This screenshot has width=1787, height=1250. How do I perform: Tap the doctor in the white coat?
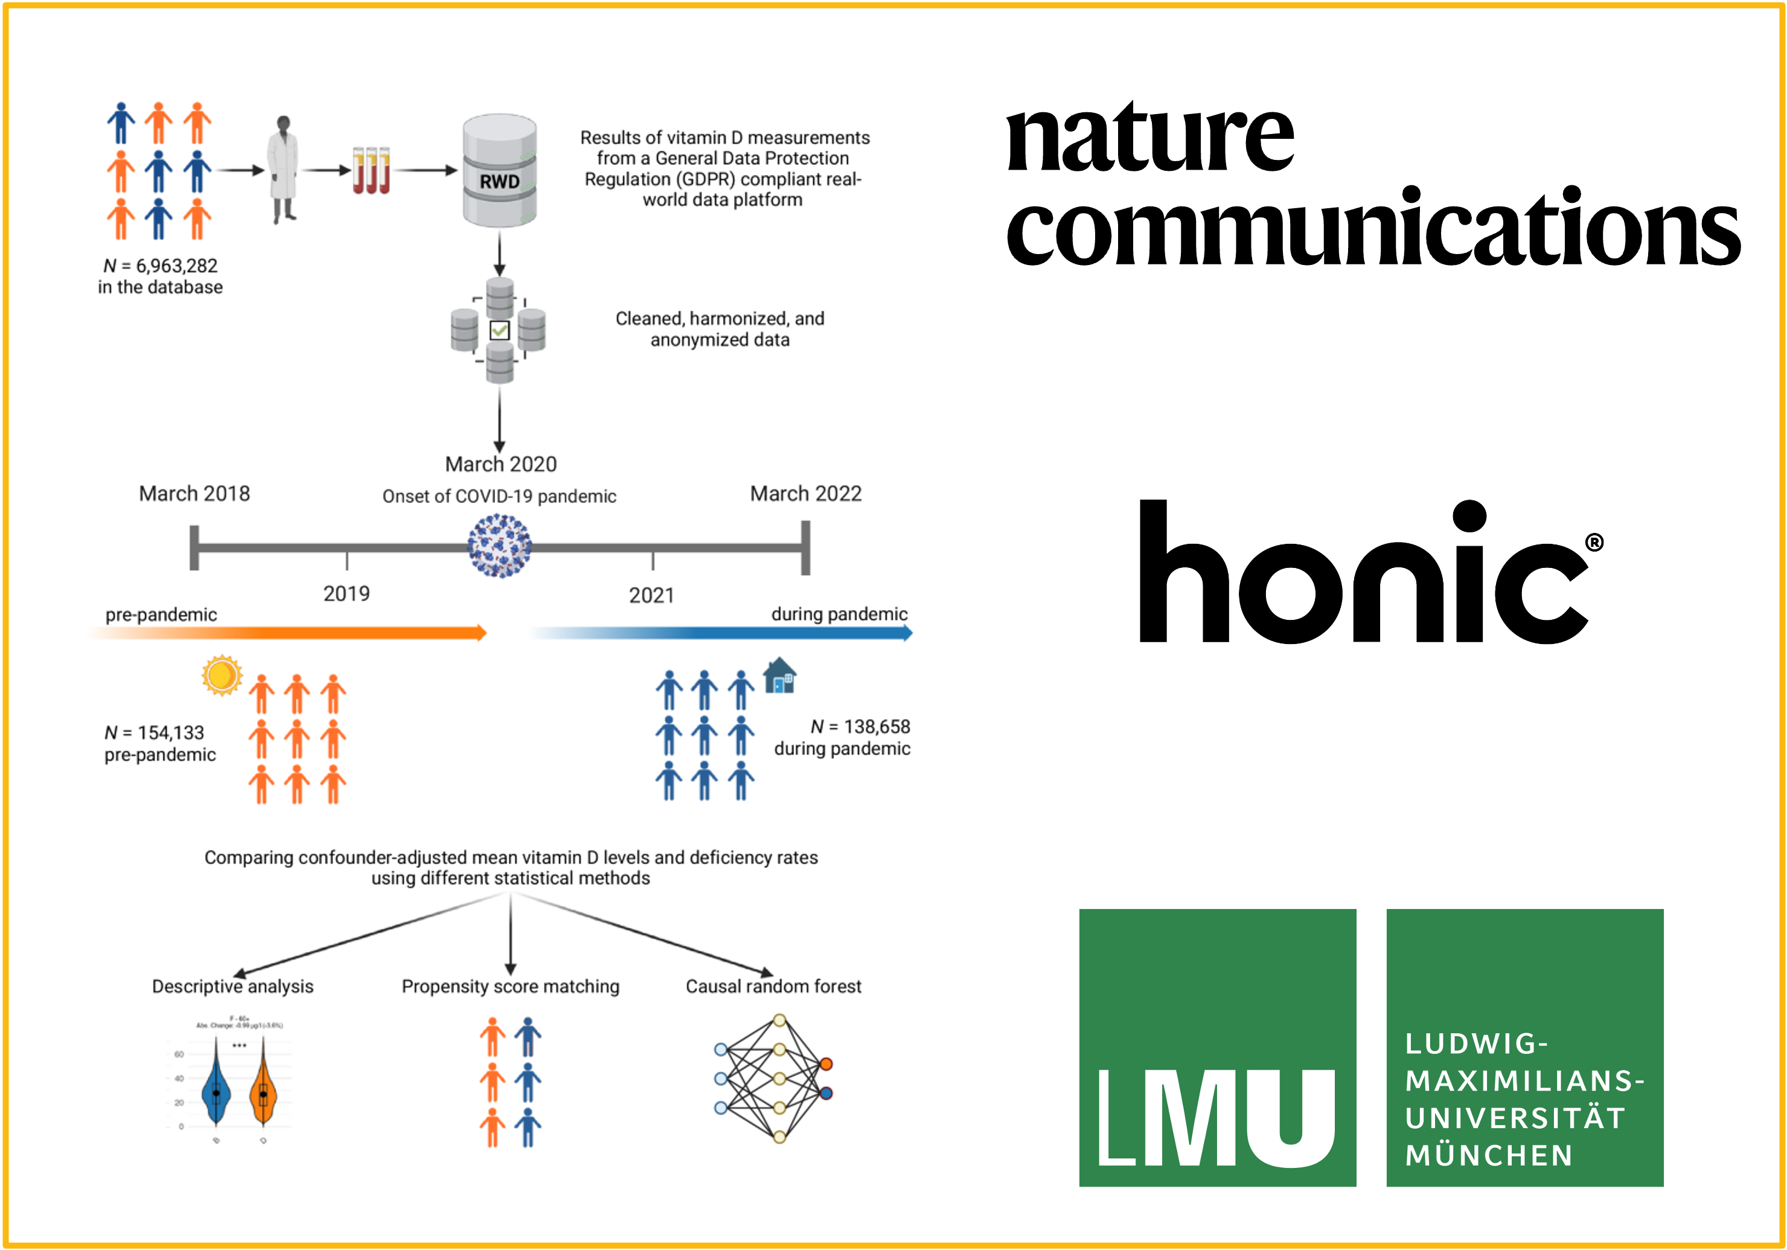(x=283, y=169)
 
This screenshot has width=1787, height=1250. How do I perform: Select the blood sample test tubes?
(x=371, y=170)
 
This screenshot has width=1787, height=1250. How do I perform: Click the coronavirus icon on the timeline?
(x=500, y=546)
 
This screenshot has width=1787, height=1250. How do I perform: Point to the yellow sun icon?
(x=221, y=674)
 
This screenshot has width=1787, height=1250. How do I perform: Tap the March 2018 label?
(x=194, y=494)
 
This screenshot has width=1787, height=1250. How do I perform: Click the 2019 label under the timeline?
(x=347, y=594)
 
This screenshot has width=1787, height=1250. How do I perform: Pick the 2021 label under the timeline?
(x=651, y=595)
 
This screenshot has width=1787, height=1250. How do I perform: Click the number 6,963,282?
(x=177, y=266)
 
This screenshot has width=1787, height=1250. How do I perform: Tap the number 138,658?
(x=877, y=727)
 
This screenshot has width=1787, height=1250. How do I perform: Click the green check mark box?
(x=500, y=331)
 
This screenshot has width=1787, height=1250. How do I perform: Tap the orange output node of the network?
(x=826, y=1064)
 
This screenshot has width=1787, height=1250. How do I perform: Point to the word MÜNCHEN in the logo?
(x=1489, y=1155)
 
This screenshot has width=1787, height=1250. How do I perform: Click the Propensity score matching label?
(x=511, y=986)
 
